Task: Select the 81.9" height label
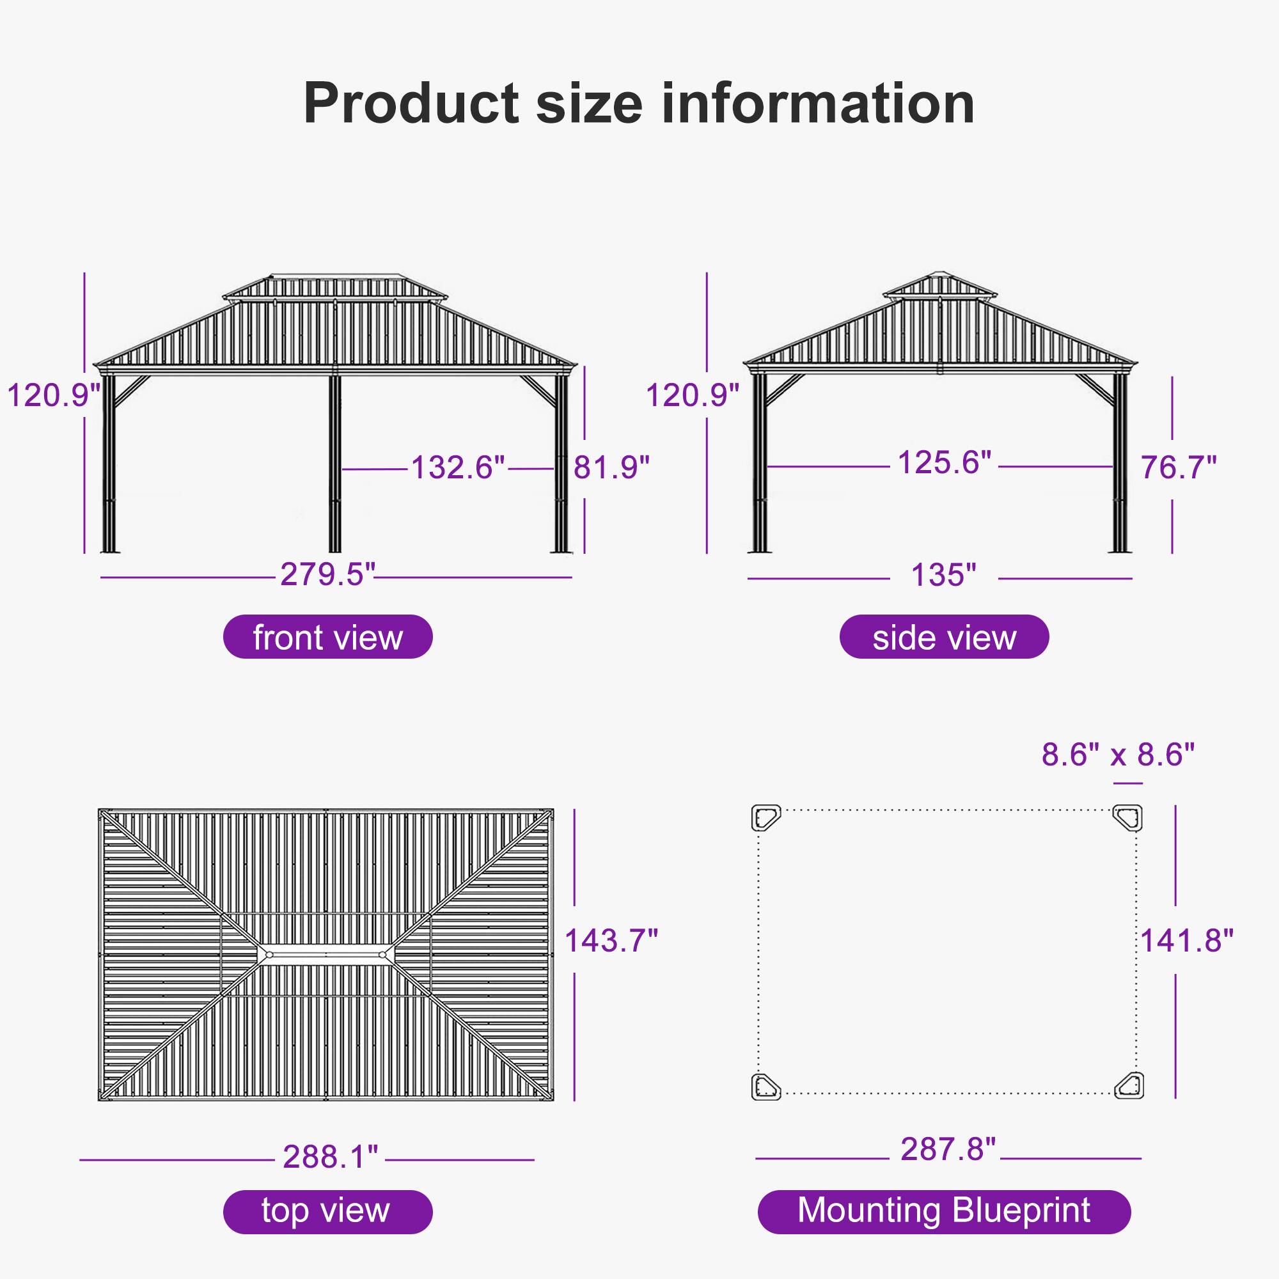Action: coord(611,467)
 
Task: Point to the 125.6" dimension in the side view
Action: coord(944,463)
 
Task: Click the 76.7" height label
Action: coord(1179,467)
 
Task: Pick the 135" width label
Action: coord(943,575)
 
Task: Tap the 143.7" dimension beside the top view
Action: coord(611,940)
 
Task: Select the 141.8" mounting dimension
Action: coord(1186,940)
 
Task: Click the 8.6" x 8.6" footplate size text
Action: coord(1118,754)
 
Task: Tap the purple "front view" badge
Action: coord(327,638)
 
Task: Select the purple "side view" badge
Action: coord(944,638)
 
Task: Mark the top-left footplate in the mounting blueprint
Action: coord(766,817)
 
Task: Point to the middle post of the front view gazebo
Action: coord(335,464)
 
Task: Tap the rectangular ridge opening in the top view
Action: coord(326,955)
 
